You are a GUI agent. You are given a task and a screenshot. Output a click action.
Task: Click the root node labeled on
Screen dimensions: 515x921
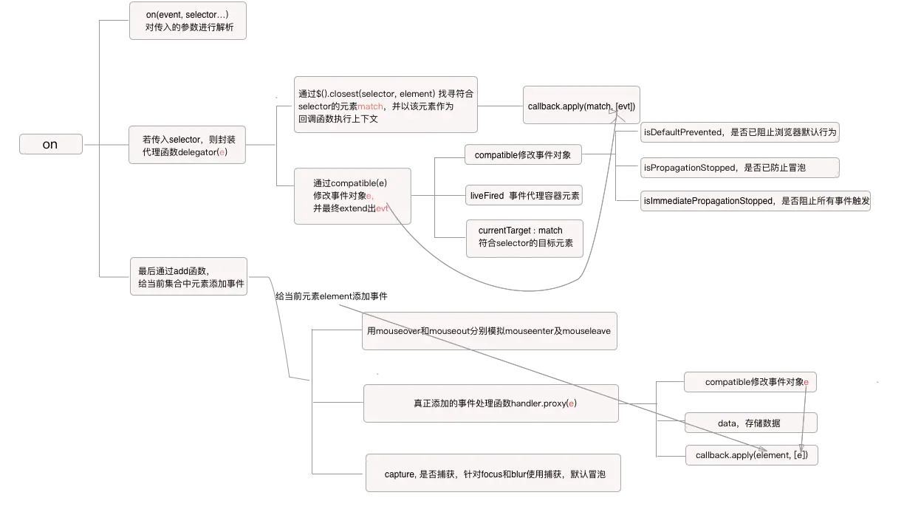pyautogui.click(x=49, y=144)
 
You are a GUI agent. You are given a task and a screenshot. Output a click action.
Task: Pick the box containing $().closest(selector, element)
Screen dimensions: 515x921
pyautogui.click(x=385, y=106)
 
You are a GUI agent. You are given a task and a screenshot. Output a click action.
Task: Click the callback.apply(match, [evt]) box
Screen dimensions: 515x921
pyautogui.click(x=581, y=106)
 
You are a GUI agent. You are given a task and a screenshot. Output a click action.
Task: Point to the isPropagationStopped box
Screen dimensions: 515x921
pyautogui.click(x=739, y=168)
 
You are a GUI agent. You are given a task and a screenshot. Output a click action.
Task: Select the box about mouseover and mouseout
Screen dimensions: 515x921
pyautogui.click(x=489, y=331)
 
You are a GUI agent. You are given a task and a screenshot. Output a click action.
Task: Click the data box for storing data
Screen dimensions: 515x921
pyautogui.click(x=749, y=423)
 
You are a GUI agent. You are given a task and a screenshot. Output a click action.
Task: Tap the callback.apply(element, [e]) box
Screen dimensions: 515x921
pyautogui.click(x=750, y=455)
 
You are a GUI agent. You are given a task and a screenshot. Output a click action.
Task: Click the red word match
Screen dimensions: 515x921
pyautogui.click(x=371, y=106)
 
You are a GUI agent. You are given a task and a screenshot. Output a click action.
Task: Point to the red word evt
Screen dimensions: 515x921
pyautogui.click(x=383, y=208)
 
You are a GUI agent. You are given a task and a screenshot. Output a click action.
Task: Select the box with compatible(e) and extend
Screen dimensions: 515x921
pyautogui.click(x=352, y=196)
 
